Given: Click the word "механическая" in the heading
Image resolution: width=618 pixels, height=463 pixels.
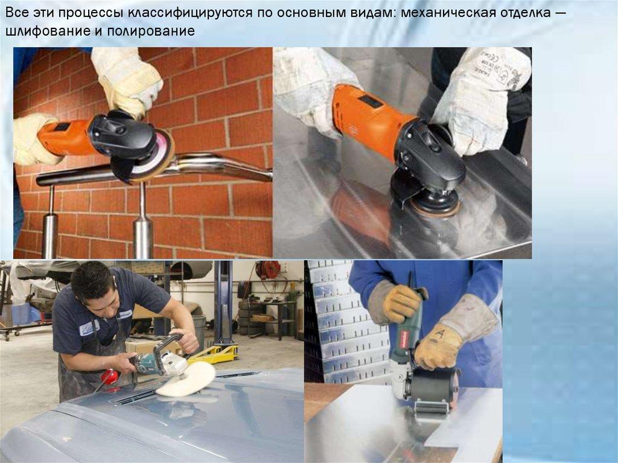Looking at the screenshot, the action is pos(449,13).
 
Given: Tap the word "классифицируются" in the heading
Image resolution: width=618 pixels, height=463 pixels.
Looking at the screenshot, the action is pos(189,13).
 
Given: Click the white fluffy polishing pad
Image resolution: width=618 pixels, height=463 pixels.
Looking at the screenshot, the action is pos(185,379).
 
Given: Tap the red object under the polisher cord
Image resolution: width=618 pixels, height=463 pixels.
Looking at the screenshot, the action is pos(110,377).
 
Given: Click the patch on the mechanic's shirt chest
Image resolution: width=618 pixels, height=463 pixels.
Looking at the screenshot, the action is pos(89,327).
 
